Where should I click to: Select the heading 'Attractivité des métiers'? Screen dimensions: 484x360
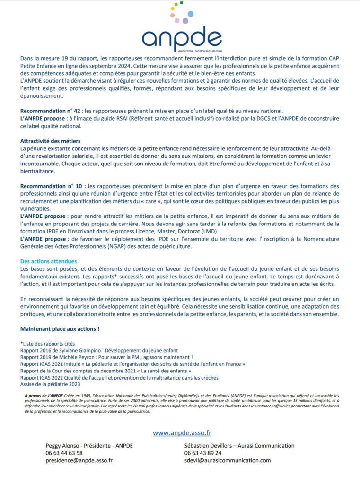click(50, 141)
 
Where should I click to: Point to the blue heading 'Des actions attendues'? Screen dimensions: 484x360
click(48, 261)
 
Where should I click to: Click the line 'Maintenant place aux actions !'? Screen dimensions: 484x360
click(60, 329)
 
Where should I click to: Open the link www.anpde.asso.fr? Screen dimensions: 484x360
click(182, 432)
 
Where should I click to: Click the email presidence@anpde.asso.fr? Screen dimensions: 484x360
click(79, 460)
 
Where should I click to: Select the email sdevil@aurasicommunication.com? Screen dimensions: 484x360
click(228, 460)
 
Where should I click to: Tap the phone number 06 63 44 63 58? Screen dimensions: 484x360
click(64, 453)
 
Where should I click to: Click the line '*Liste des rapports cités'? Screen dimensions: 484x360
click(47, 343)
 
